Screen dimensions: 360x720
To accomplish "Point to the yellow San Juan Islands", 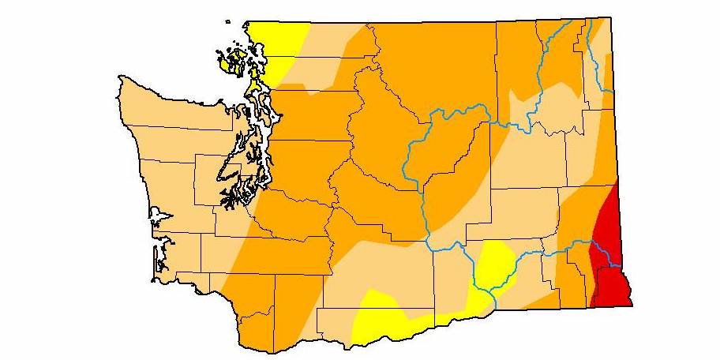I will point(235,61).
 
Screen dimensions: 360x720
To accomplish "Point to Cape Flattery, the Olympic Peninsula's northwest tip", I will point(119,78).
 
